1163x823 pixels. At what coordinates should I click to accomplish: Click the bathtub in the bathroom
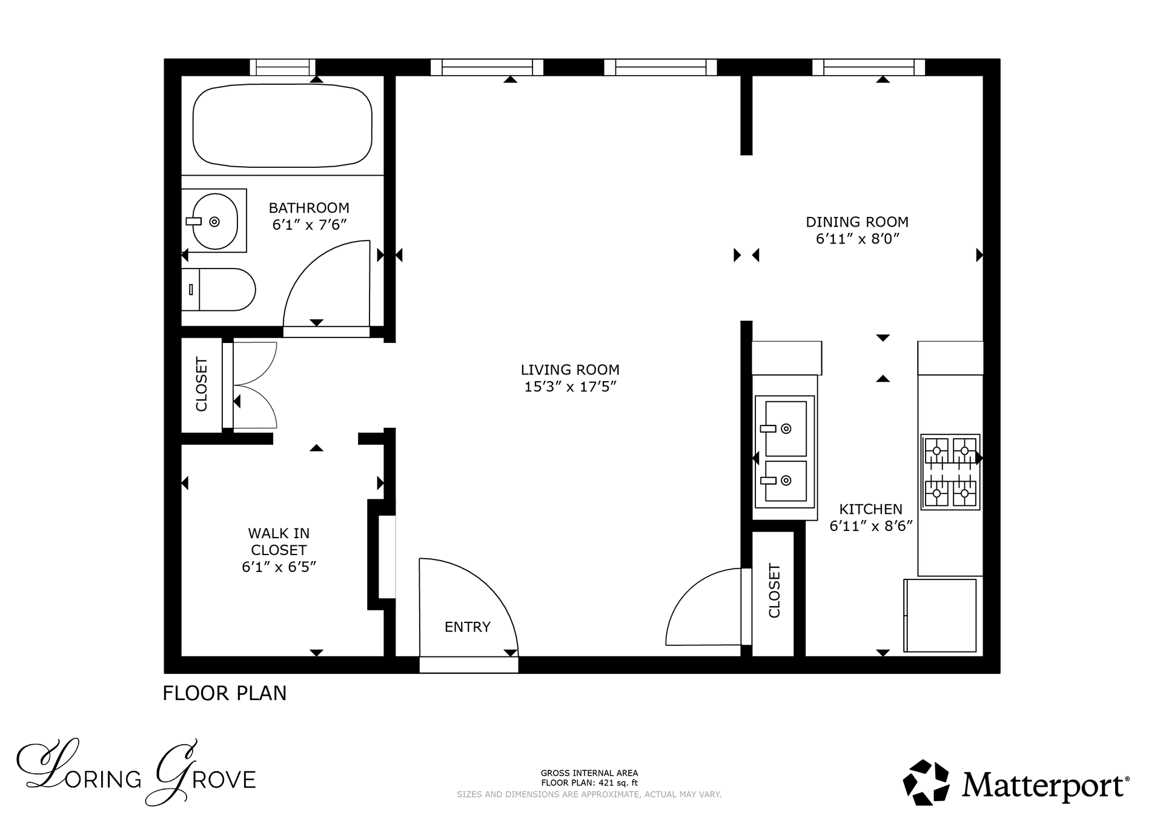[x=282, y=125]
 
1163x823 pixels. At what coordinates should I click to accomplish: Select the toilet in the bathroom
[x=219, y=290]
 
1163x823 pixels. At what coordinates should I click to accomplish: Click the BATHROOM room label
[x=309, y=208]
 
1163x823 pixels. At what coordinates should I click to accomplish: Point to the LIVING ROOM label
[x=570, y=370]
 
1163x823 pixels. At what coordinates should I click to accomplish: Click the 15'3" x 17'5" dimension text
[x=570, y=387]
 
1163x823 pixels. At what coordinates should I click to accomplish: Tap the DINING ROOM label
[x=857, y=222]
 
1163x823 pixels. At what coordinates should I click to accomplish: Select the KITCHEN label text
[x=870, y=509]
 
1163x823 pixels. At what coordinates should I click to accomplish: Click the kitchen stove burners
[x=950, y=471]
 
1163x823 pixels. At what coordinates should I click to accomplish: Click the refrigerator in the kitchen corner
[x=940, y=615]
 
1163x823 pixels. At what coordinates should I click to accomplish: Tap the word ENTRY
[x=468, y=627]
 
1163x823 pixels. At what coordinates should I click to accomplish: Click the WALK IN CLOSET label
[x=279, y=541]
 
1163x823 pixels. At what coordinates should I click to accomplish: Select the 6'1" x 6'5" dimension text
[x=279, y=567]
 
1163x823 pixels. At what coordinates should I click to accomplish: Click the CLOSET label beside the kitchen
[x=774, y=591]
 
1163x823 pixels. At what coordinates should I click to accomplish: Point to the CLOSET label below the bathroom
[x=201, y=384]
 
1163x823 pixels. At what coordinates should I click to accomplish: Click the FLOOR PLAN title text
[x=225, y=693]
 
